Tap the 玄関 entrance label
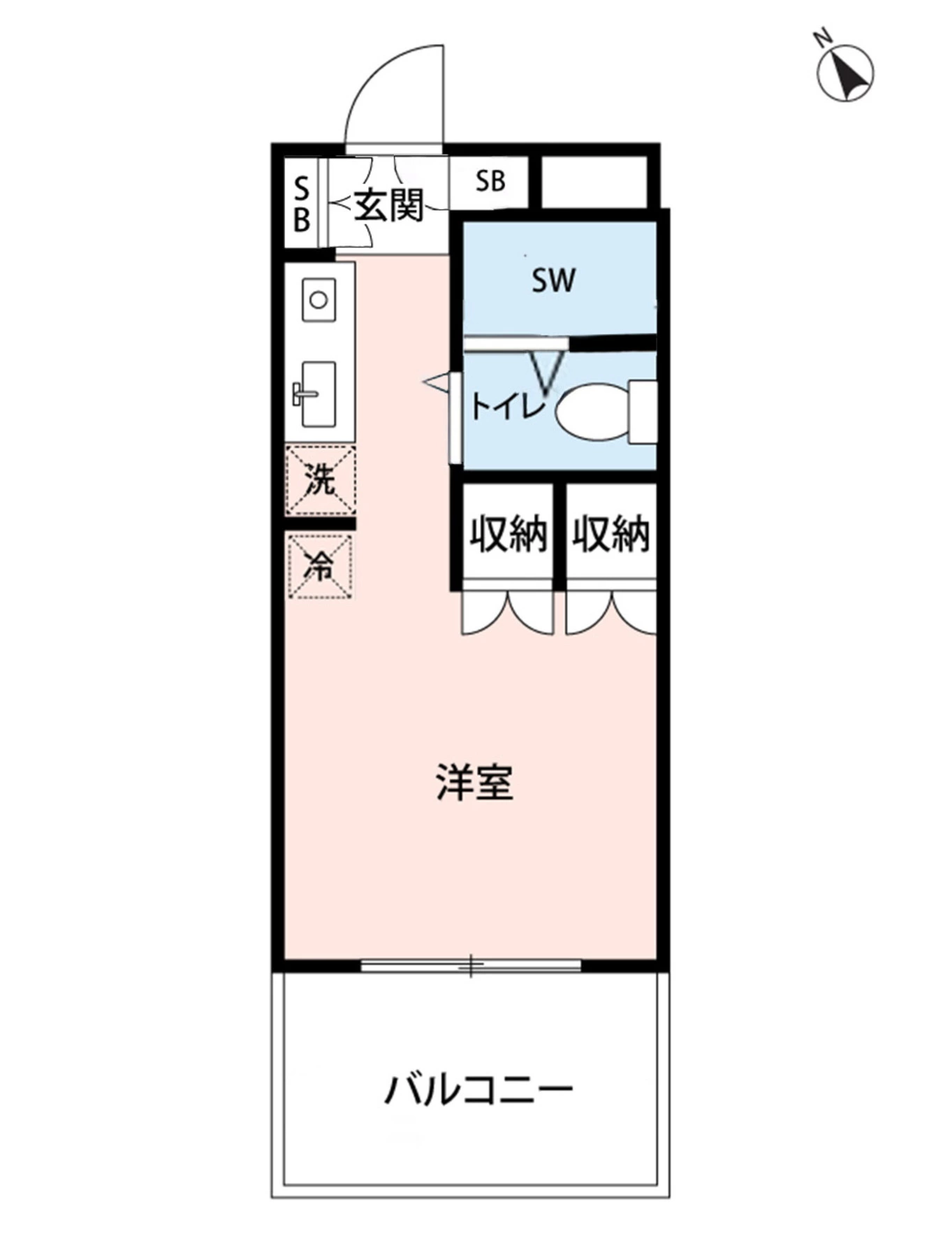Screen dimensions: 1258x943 coord(389,205)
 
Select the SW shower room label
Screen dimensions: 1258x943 coord(553,280)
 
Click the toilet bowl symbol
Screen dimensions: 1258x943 coord(592,412)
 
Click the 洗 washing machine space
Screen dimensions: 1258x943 coord(320,481)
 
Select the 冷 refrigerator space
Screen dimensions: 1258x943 coord(320,565)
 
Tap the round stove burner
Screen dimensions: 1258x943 coord(319,300)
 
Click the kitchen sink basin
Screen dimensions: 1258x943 coord(319,393)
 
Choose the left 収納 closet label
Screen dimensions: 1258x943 coord(508,535)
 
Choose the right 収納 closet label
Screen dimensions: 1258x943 coord(611,535)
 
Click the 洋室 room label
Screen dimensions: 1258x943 coord(475,783)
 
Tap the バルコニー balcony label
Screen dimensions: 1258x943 coord(479,1089)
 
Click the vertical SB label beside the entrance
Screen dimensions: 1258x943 coord(301,204)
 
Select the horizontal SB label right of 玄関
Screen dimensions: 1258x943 coord(490,182)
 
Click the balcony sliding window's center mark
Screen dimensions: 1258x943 coord(471,966)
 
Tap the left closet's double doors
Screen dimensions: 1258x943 coord(508,612)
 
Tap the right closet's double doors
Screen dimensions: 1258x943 coord(611,612)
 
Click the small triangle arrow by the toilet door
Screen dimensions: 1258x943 coord(436,382)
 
